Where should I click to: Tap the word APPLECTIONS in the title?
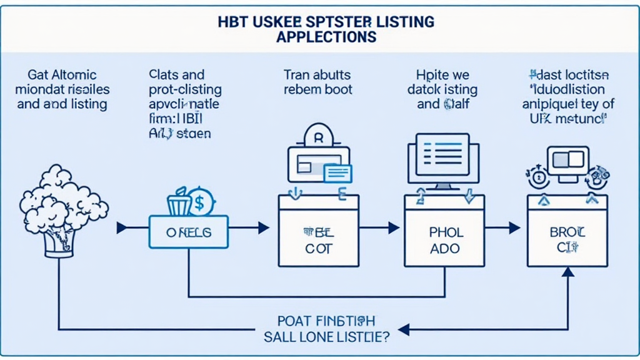[326, 36]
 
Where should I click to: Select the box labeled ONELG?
[189, 232]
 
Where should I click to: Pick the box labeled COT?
[318, 240]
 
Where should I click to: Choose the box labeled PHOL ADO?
[446, 240]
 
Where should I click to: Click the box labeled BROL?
[567, 240]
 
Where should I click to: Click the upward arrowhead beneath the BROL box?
[567, 272]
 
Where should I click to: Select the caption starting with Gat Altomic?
[62, 89]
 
